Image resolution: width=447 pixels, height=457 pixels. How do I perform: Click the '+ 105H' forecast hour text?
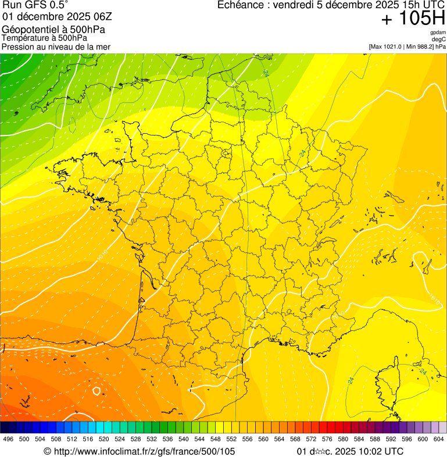pos(413,19)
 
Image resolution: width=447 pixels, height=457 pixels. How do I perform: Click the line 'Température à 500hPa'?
pos(45,38)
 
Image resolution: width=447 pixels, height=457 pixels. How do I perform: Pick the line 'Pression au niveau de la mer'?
pos(56,47)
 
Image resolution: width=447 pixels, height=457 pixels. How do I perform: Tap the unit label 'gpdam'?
pos(438,33)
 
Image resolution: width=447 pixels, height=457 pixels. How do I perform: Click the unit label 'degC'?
pos(439,39)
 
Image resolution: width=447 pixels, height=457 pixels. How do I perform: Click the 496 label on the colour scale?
pos(8,439)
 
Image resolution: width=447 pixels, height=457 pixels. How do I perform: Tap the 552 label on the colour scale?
pos(231,439)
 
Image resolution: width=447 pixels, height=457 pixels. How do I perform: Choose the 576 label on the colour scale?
pos(327,439)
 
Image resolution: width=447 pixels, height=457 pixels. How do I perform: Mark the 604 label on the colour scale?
pos(438,439)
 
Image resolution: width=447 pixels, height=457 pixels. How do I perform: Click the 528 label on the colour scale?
pos(135,439)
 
